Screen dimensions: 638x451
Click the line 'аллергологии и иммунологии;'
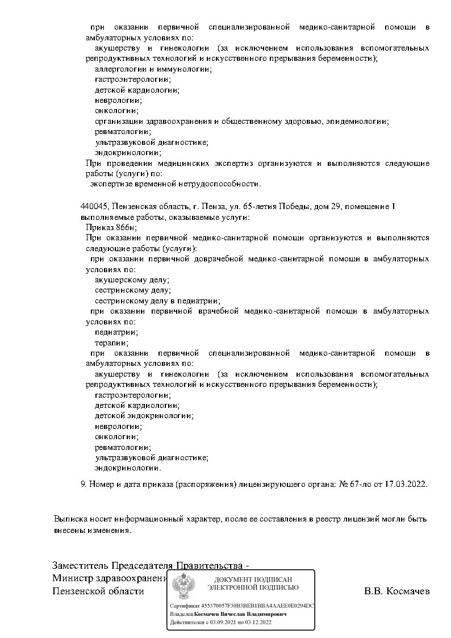[x=153, y=69]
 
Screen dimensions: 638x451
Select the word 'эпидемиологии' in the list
[x=361, y=121]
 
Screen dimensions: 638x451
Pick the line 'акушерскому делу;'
[x=132, y=280]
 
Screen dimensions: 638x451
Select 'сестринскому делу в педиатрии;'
[x=157, y=301]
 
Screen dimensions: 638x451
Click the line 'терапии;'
[x=111, y=343]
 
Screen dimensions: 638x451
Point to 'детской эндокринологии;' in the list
[x=144, y=415]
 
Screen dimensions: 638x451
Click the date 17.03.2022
[x=405, y=485]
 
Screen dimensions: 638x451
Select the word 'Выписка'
[x=70, y=519]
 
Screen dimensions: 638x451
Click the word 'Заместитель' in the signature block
[x=80, y=566]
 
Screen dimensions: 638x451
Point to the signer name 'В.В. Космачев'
[x=396, y=591]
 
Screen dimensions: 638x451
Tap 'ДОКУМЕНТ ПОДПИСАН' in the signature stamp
[x=253, y=578]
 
